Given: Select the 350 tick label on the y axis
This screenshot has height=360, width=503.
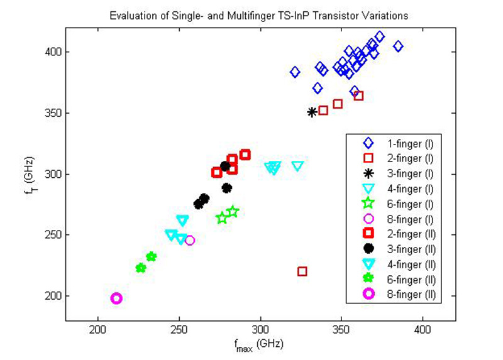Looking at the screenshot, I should pos(51,113).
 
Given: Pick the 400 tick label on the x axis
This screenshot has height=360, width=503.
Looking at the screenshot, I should pos(423,329).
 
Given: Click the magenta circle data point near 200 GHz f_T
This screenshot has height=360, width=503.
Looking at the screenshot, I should pos(116,298).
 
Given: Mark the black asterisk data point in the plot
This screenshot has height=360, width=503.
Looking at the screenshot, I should pos(312,112).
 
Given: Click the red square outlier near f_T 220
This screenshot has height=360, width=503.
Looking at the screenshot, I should pos(302,271).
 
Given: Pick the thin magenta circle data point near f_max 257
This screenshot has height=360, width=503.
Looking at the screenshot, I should pos(190,240).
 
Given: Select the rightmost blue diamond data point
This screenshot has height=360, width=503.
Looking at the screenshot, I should pos(398,46).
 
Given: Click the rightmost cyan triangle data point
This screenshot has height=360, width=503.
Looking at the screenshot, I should pos(297,166).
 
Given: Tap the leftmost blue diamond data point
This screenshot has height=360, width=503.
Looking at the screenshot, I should pos(295,72).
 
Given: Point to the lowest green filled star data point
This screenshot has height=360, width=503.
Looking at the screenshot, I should pos(141,268).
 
